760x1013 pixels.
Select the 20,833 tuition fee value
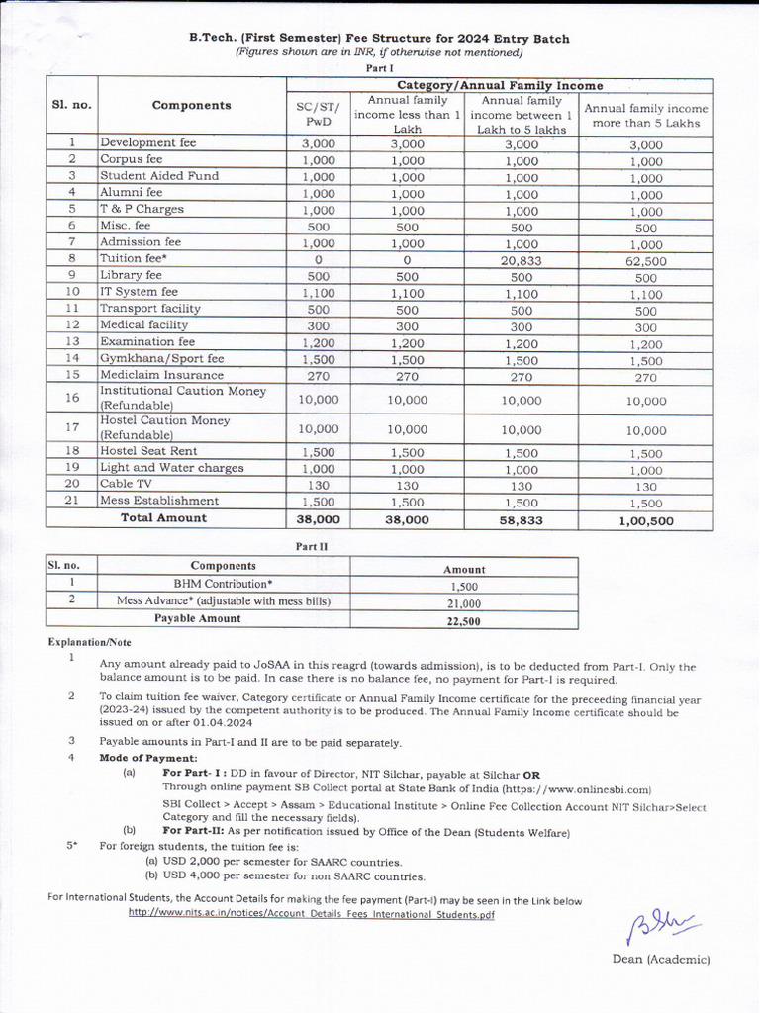[x=522, y=259]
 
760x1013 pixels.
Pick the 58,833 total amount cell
[x=522, y=519]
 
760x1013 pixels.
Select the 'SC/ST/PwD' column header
[x=318, y=114]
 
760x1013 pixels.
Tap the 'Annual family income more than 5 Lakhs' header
[x=645, y=116]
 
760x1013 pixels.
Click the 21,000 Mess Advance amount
[x=464, y=603]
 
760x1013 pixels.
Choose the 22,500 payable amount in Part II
[x=464, y=621]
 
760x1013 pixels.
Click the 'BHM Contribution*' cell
[x=224, y=584]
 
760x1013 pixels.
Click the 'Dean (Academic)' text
[x=660, y=960]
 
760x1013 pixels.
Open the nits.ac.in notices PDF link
[x=311, y=915]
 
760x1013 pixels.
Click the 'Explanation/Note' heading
[x=90, y=642]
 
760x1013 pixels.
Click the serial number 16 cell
[x=72, y=398]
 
